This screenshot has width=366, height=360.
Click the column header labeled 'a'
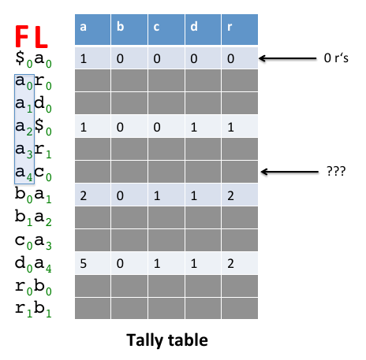point(92,29)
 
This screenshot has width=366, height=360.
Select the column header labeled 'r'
point(240,29)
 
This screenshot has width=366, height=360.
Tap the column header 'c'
point(166,29)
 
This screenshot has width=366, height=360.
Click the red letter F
point(21,36)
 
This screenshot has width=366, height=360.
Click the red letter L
point(41,37)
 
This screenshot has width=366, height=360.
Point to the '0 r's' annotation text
point(336,58)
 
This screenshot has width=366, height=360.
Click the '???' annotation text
point(336,171)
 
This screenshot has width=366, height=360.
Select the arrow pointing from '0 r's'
point(288,58)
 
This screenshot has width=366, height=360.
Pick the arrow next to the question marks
point(289,172)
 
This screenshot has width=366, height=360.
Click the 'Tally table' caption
point(167,340)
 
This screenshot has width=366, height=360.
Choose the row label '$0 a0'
point(33,59)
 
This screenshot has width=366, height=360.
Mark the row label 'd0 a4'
point(33,263)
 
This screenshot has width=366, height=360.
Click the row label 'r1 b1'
point(33,309)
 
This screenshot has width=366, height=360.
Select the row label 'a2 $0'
point(33,127)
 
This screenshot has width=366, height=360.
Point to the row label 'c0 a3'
point(33,241)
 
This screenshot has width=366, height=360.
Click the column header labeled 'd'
point(203,29)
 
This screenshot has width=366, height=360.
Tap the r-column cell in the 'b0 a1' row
point(240,195)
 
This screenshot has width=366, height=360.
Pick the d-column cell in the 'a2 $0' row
point(203,126)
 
